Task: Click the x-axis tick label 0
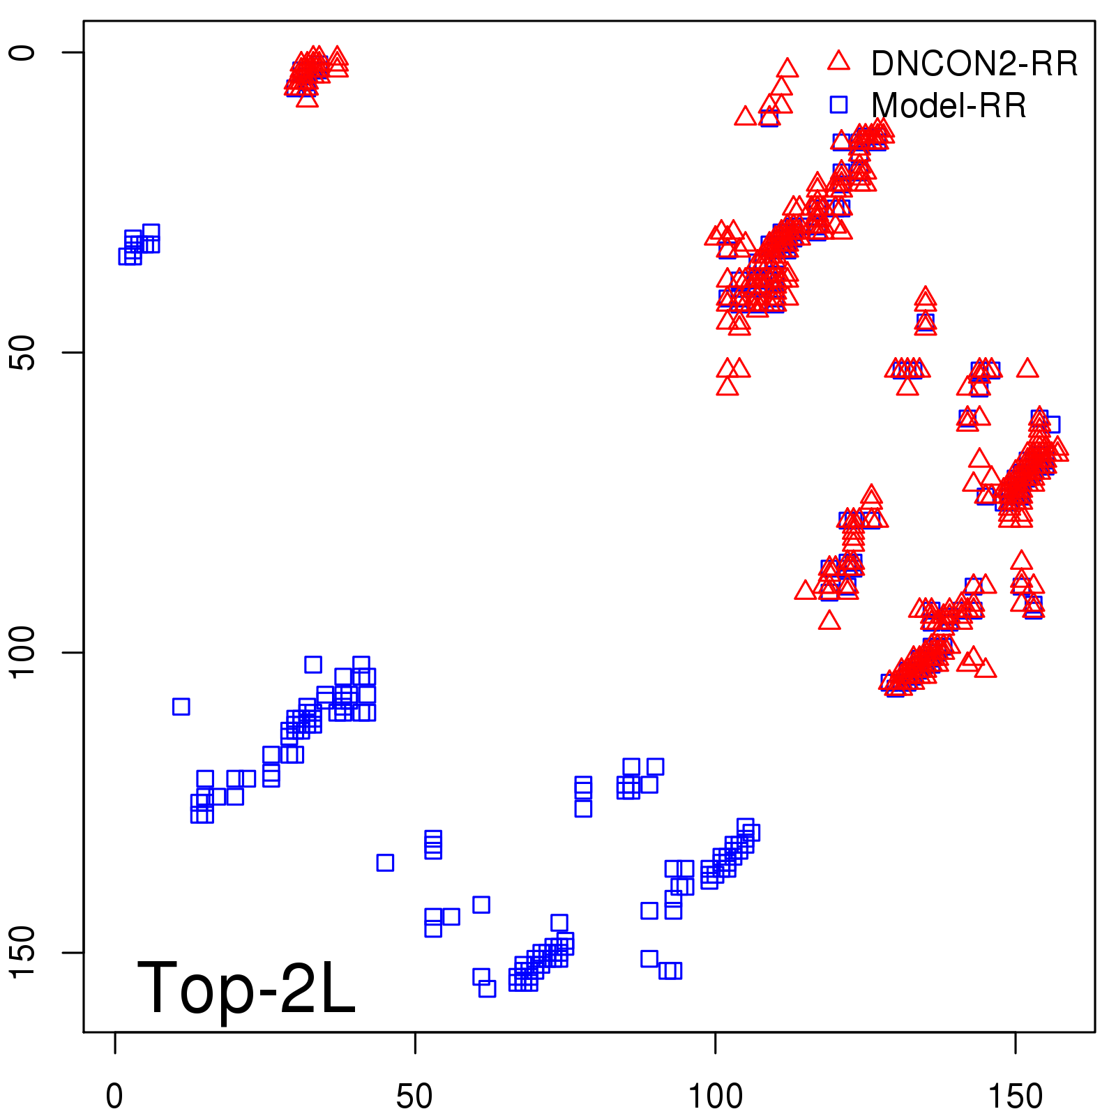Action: tap(114, 1097)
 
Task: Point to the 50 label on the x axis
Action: tap(414, 1097)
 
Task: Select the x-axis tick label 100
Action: tap(715, 1097)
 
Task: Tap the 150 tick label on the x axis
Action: tap(1016, 1097)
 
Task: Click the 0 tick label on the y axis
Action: tap(22, 52)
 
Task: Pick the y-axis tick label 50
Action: tap(22, 352)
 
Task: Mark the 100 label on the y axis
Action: tap(22, 652)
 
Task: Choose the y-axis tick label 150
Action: tap(22, 952)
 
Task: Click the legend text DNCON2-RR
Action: tap(974, 64)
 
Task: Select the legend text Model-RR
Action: tap(949, 106)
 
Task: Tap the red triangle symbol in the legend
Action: tap(838, 61)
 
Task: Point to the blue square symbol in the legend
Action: tap(838, 105)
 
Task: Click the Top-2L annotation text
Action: tap(246, 988)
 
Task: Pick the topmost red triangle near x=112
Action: tap(787, 68)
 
